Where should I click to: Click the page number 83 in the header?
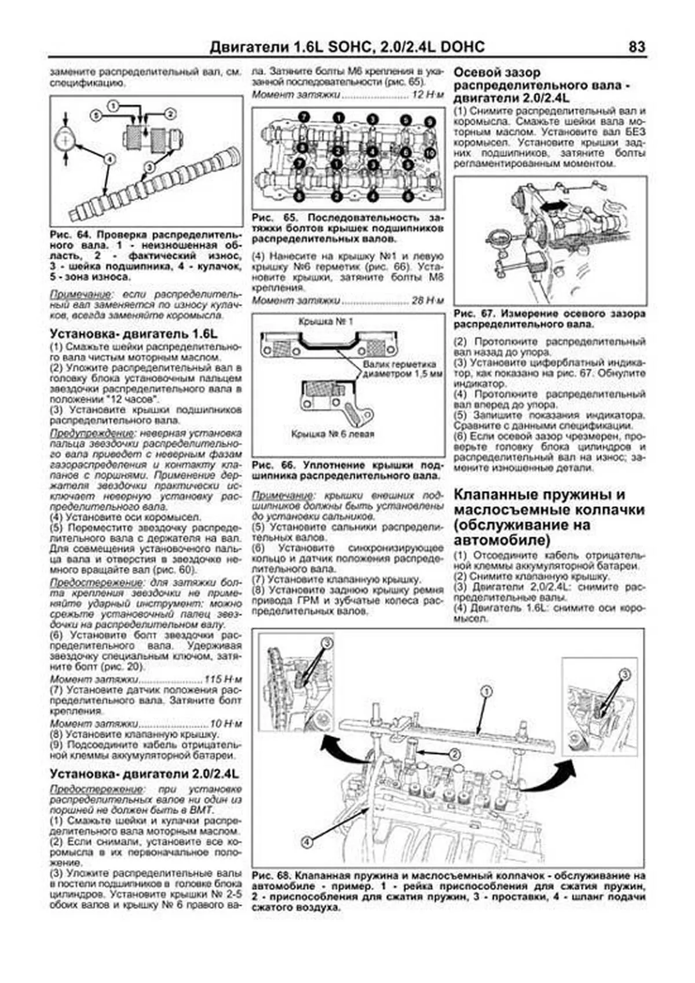637,47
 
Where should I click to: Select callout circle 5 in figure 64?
96,116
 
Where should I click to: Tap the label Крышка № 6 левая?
333,434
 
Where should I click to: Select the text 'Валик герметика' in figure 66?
399,364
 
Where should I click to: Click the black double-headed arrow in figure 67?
553,206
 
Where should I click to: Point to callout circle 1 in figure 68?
487,691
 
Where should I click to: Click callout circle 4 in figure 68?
306,842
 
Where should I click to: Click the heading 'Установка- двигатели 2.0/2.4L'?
145,774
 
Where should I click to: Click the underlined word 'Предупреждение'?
85,433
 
